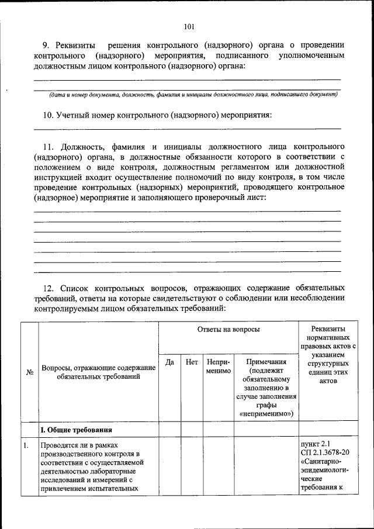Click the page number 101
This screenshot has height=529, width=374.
188,26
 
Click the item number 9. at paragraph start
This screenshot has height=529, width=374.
49,45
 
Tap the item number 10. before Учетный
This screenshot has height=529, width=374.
50,115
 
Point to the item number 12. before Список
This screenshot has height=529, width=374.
50,288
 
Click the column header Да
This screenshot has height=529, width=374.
169,362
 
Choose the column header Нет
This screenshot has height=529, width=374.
191,362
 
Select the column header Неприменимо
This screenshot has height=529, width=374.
218,367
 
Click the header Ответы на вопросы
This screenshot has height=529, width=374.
228,330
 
